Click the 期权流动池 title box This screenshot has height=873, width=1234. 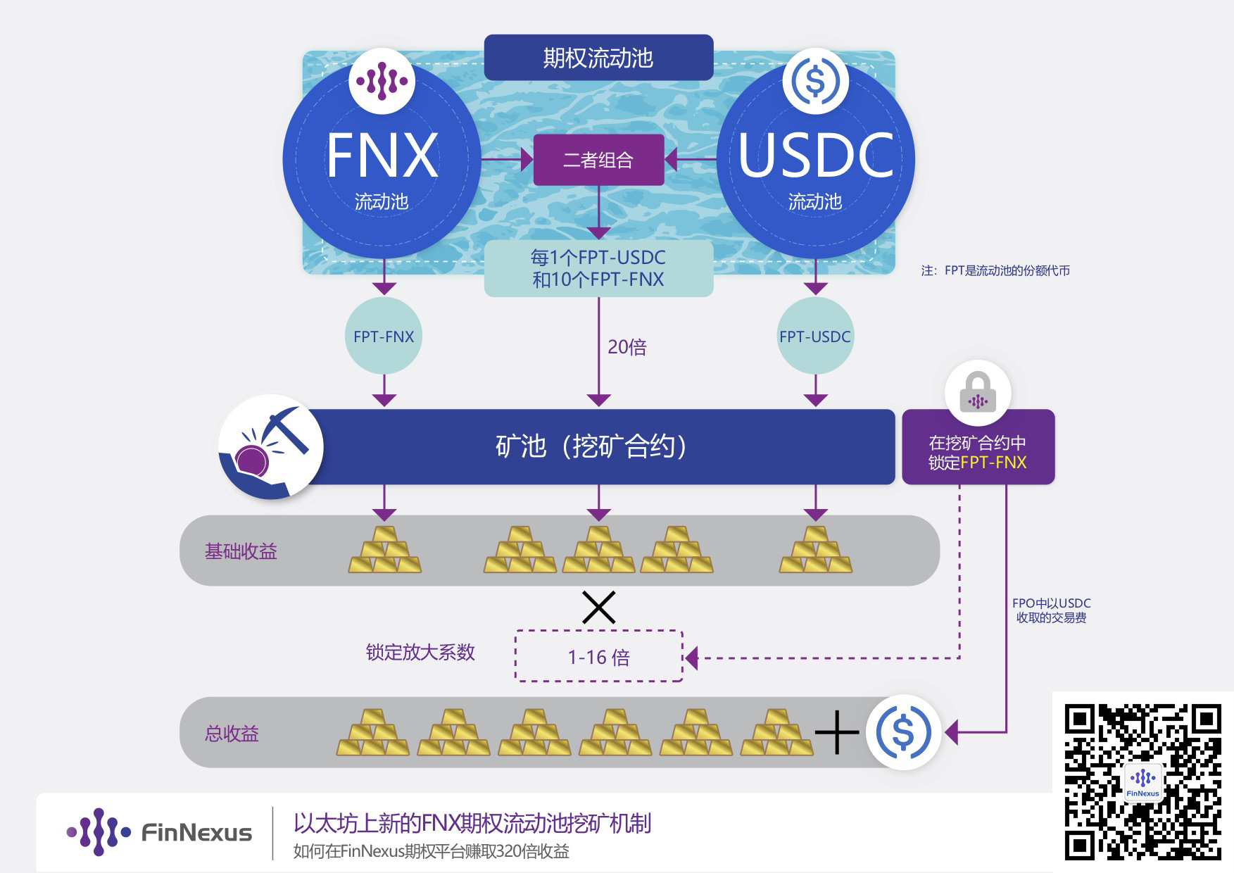(598, 58)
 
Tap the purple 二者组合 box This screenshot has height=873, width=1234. (598, 160)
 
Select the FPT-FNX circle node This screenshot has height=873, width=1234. (384, 337)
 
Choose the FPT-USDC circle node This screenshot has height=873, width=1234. (815, 337)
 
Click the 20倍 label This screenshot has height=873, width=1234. (627, 347)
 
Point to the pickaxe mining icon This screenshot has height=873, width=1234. (271, 446)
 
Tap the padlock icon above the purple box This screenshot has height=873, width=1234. (978, 393)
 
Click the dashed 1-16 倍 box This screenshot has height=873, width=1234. (599, 656)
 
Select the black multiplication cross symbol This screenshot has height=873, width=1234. (599, 607)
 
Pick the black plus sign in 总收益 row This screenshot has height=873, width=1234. (837, 732)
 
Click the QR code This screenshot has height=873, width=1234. (1142, 781)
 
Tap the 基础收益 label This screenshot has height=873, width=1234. (241, 551)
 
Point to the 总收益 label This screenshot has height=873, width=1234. (232, 734)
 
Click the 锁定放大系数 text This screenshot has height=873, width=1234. (420, 653)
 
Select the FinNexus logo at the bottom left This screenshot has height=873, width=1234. (159, 832)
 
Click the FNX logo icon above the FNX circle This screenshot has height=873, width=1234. (382, 81)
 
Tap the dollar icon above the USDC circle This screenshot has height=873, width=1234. (815, 81)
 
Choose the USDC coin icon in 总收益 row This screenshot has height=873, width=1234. (904, 732)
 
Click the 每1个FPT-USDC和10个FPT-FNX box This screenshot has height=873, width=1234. (598, 268)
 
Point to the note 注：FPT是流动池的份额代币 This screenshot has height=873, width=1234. (995, 271)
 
